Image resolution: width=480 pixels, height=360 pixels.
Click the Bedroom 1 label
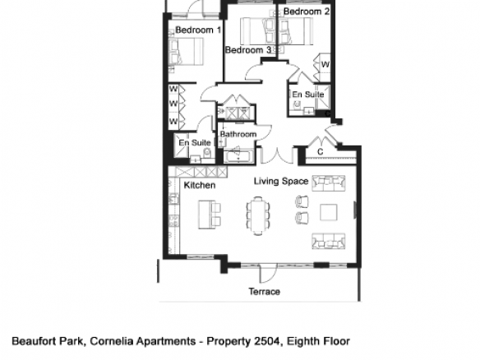coord(198,30)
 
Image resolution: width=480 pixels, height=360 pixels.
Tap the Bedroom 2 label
coord(307,12)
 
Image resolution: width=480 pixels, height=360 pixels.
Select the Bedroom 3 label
coord(248,49)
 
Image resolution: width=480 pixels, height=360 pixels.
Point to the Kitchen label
coord(200,185)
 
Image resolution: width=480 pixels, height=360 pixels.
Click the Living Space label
coord(281,181)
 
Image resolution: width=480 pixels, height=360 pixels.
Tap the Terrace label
coord(264,292)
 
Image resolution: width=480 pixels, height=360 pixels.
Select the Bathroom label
coord(238,134)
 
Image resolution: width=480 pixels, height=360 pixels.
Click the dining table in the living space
coord(258,215)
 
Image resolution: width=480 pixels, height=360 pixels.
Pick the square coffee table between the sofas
coord(329,212)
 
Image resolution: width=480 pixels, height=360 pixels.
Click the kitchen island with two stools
coord(210,215)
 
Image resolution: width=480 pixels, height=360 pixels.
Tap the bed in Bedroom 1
coord(186,52)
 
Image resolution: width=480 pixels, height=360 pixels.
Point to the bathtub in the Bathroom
coord(239,155)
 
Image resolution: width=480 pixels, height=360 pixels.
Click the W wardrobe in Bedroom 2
coord(322,67)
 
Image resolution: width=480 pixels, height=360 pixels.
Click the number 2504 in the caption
coord(267,341)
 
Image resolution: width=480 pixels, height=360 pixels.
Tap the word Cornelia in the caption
coord(112,341)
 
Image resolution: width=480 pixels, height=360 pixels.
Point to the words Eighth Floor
coord(318,341)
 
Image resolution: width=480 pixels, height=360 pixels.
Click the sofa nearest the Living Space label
coord(329,183)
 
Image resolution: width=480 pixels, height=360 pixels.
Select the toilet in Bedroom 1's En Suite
coord(207,152)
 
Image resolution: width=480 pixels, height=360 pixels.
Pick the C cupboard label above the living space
coord(321,151)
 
